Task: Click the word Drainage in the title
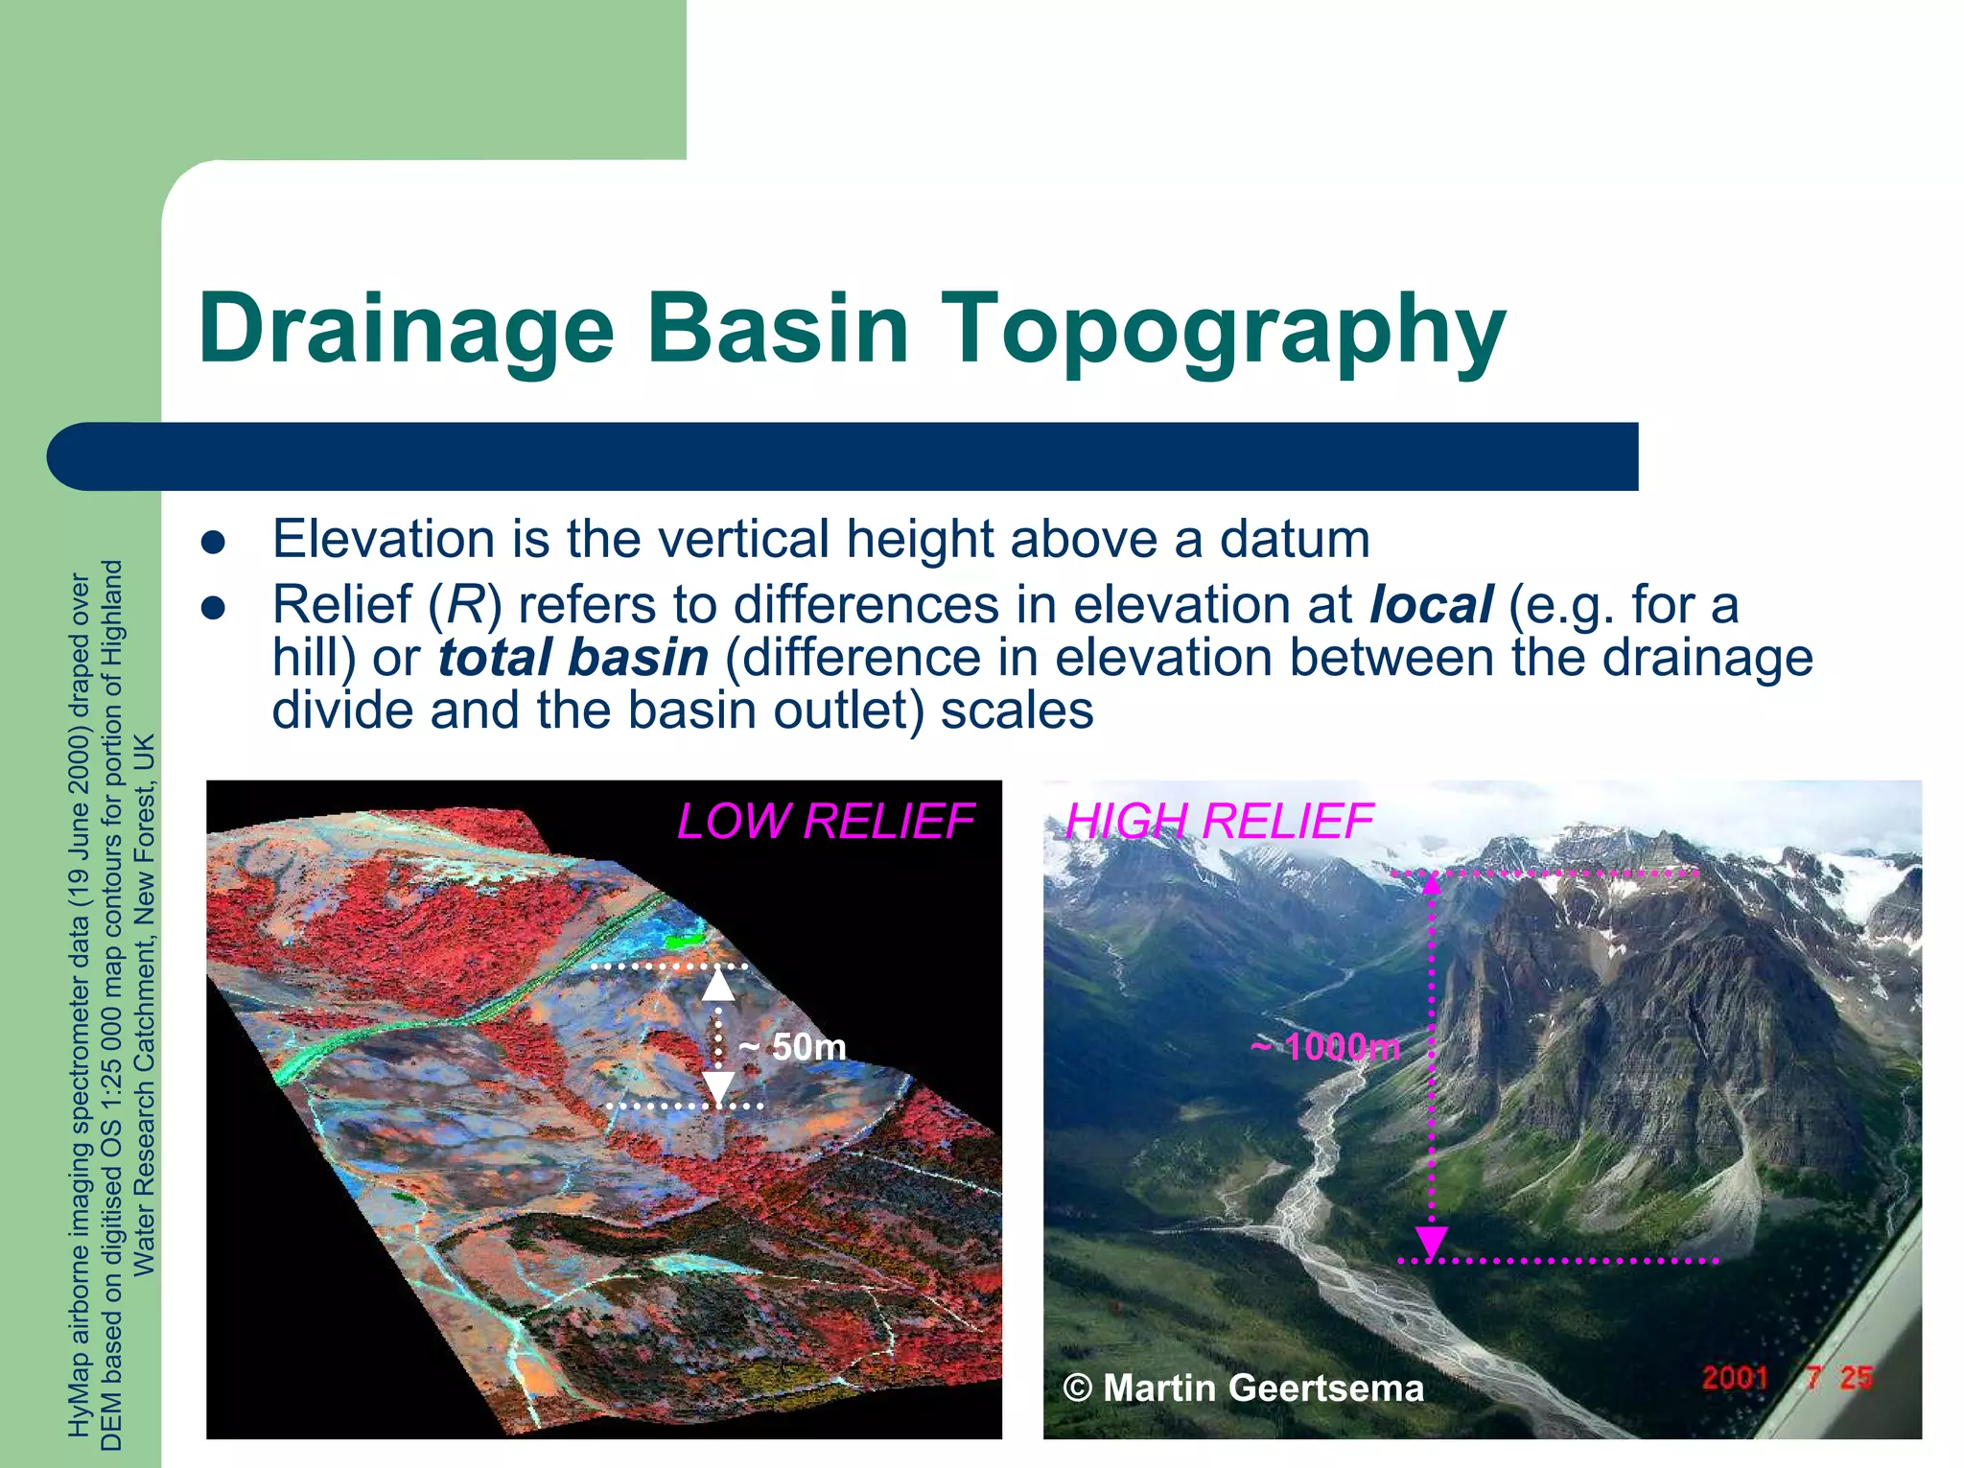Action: pos(406,328)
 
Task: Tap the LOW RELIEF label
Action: pos(825,822)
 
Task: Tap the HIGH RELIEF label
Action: pos(1219,822)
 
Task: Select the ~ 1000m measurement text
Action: pos(1325,1047)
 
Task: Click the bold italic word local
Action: pos(1430,605)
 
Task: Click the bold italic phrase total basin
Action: pos(573,658)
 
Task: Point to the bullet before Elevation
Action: pos(213,543)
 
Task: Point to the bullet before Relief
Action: pos(213,608)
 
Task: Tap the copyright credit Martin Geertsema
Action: pos(1244,1387)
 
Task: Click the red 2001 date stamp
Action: pos(1734,1378)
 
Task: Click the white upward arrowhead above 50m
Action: pos(718,985)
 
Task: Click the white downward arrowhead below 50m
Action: pos(718,1087)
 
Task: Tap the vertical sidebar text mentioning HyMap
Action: pos(81,1007)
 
